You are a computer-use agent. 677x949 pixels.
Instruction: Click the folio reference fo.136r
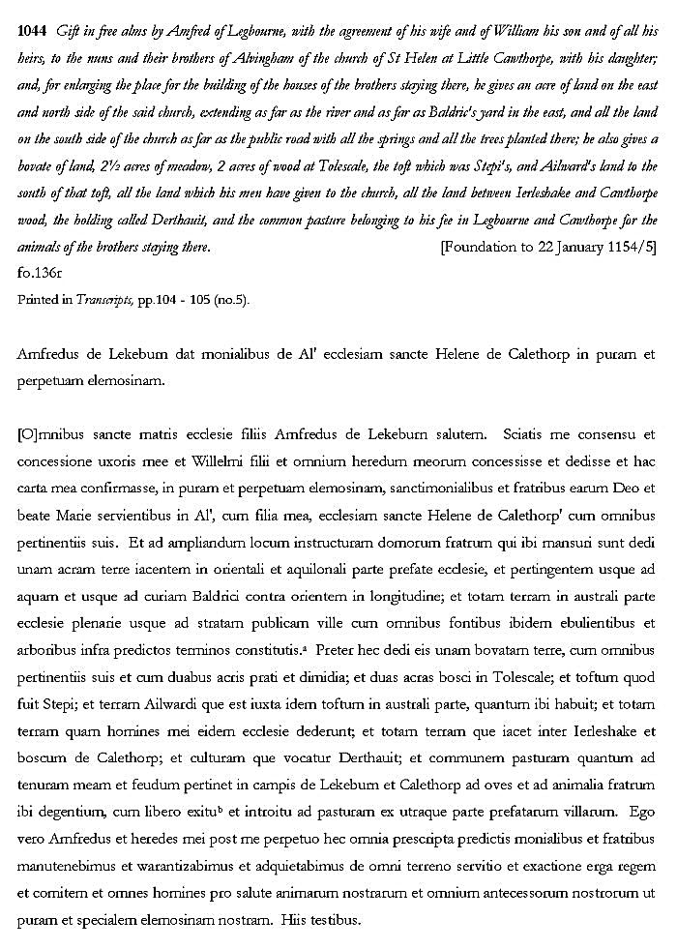tap(38, 274)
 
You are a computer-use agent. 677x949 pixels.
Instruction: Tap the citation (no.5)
tap(229, 300)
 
